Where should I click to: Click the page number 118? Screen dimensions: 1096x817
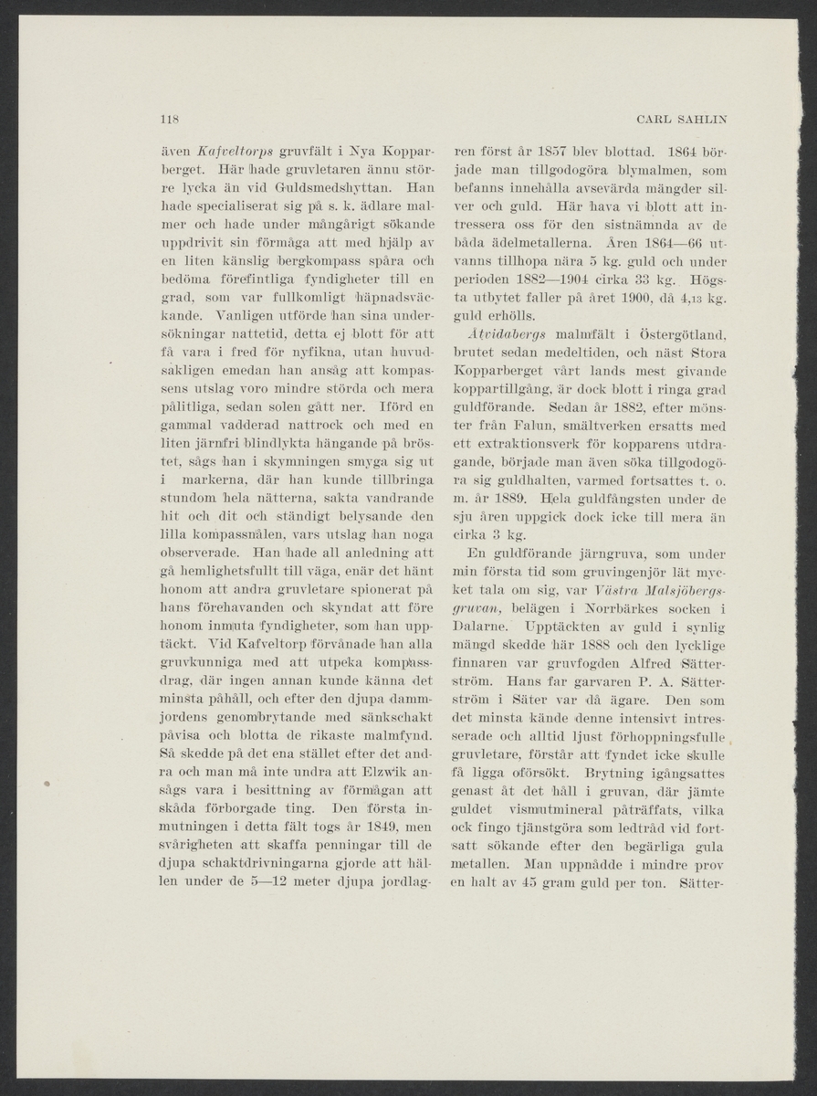pos(167,119)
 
